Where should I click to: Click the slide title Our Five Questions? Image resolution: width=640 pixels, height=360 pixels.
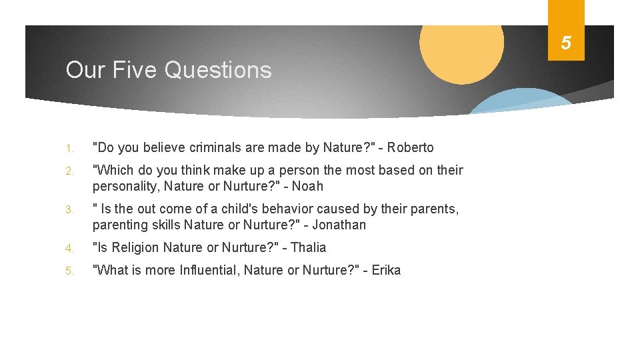(169, 69)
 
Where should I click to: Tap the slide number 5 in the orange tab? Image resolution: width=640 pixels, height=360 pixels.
(565, 43)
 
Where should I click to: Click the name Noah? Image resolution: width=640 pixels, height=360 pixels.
(307, 186)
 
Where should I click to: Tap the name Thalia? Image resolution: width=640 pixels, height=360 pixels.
(309, 247)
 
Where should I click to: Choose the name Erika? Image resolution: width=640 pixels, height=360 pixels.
(386, 270)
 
